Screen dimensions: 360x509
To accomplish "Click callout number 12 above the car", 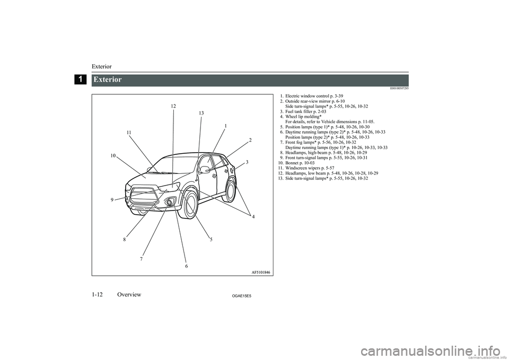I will (x=173, y=107).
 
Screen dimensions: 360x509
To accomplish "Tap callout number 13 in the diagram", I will (x=201, y=113).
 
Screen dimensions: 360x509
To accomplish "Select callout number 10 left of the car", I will (x=113, y=155).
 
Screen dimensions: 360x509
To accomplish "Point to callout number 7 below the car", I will (x=142, y=259).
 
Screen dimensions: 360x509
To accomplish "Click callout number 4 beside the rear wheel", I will (x=253, y=217).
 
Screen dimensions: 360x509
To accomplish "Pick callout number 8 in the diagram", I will (x=125, y=239).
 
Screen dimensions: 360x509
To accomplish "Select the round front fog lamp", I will (x=169, y=203).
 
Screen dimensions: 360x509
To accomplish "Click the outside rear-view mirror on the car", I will (x=204, y=170).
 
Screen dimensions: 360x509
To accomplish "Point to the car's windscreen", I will (x=175, y=164).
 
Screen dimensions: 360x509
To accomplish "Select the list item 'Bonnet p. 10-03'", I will (x=303, y=162).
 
